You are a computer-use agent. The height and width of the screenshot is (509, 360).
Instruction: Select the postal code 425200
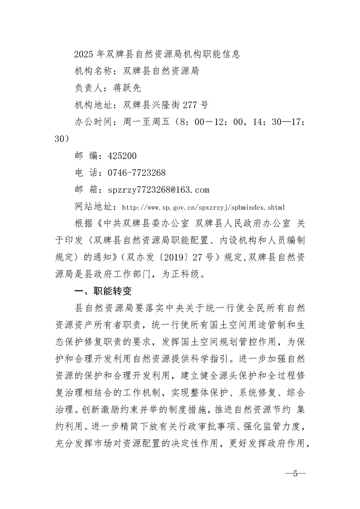[122, 156]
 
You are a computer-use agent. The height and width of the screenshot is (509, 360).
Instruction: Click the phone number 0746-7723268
[137, 172]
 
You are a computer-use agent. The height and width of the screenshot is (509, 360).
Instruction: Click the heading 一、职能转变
[104, 291]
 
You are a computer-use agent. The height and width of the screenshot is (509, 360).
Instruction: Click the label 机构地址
[93, 105]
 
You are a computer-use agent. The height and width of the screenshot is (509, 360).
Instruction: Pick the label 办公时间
[93, 122]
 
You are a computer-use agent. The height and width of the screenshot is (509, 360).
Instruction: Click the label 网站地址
[93, 207]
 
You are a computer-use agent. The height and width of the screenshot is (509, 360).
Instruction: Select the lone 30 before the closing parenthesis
[59, 139]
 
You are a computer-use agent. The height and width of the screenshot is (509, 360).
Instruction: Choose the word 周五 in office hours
[164, 122]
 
